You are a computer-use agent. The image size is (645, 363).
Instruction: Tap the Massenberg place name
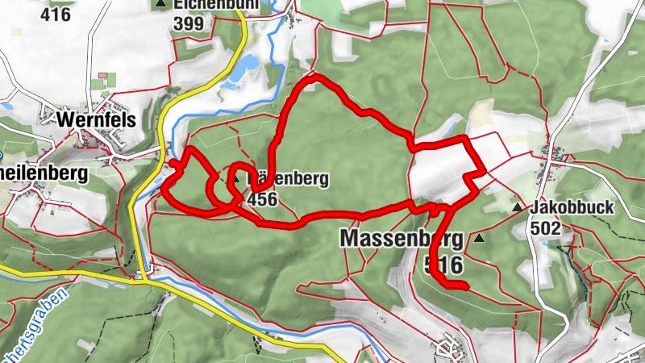[x=402, y=239]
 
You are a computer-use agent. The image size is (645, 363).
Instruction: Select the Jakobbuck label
[x=572, y=208]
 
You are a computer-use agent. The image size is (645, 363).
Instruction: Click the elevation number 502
[x=545, y=228]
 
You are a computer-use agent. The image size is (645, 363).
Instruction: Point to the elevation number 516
[x=443, y=264]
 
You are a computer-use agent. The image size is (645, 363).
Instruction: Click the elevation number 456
[x=263, y=199]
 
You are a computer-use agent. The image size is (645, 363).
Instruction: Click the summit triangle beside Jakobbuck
[x=517, y=208]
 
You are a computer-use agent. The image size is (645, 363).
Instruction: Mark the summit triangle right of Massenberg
[x=481, y=239]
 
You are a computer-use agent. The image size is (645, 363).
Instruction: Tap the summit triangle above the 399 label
[x=162, y=5]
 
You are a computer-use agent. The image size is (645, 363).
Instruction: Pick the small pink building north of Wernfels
[x=103, y=76]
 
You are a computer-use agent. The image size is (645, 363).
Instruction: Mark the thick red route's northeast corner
[x=467, y=140]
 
